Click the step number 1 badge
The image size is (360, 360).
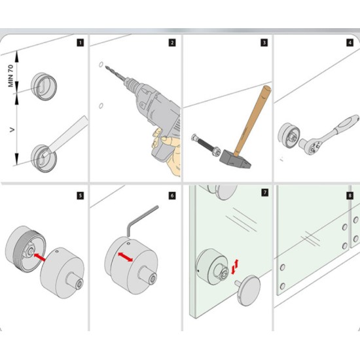pos(80,43)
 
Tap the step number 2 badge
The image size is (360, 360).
pos(171,43)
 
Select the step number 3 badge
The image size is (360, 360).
pos(264,43)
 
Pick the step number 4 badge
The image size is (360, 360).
pos(350,43)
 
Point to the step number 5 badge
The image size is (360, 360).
pos(80,194)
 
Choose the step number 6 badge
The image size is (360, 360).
pos(171,194)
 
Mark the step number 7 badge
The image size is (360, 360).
pos(264,194)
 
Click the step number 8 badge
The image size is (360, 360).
pos(350,194)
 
